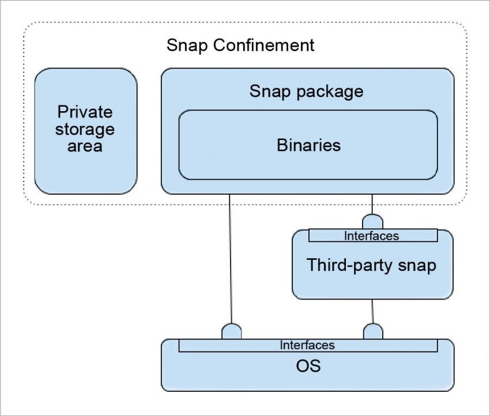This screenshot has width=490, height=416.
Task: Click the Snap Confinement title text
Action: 240,45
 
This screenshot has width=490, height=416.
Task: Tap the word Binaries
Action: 308,145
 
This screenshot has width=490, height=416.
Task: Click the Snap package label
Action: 306,91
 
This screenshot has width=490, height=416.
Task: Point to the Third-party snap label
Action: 371,266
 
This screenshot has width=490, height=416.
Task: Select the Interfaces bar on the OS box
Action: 307,345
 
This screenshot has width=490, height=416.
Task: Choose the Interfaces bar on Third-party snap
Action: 372,236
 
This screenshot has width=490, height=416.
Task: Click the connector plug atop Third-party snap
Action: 372,221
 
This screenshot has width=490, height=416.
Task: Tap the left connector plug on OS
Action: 232,331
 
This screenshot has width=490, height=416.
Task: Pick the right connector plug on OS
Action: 373,331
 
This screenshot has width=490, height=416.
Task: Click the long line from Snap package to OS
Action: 231,259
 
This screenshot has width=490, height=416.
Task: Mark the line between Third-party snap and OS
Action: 372,311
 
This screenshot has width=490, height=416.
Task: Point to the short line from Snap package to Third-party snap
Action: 372,203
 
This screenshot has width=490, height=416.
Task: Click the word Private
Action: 85,111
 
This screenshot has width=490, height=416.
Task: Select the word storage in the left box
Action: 85,128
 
